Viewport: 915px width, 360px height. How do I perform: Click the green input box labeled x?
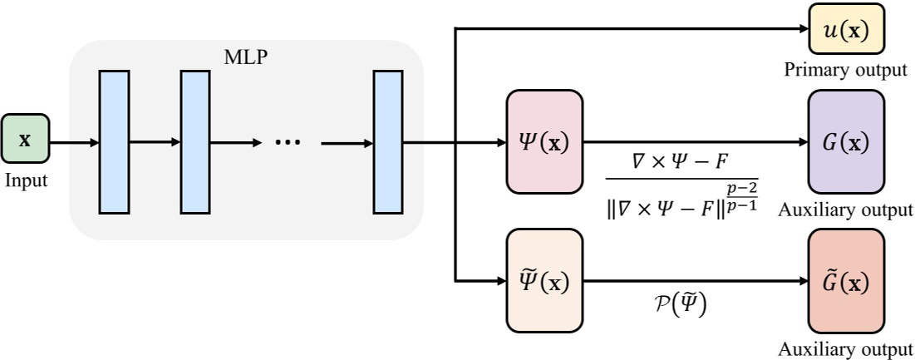[x=25, y=140]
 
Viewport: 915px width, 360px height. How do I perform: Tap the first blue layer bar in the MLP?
[x=114, y=141]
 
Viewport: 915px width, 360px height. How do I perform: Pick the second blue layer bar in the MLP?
[x=195, y=141]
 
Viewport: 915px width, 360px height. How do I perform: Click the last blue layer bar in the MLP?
[x=387, y=141]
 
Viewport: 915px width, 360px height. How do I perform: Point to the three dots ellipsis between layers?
[x=288, y=142]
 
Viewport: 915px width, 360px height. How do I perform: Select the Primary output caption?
[x=845, y=69]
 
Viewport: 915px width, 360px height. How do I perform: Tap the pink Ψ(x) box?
[x=544, y=141]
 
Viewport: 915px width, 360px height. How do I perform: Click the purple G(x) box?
[x=845, y=141]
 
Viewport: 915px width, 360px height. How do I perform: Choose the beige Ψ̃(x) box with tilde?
[x=544, y=281]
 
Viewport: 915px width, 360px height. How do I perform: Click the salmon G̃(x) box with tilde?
[x=845, y=281]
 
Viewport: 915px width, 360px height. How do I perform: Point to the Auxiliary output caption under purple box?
[x=845, y=210]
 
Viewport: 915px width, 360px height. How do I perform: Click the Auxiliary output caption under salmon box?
[x=845, y=348]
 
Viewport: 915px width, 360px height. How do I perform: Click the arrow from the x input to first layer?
[x=75, y=141]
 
